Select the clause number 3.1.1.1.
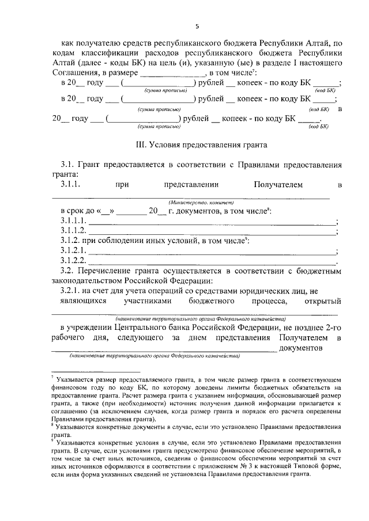tap(73, 221)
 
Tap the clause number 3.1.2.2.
tap(73, 261)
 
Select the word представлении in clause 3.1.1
tap(191, 185)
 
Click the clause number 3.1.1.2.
tap(73, 231)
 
